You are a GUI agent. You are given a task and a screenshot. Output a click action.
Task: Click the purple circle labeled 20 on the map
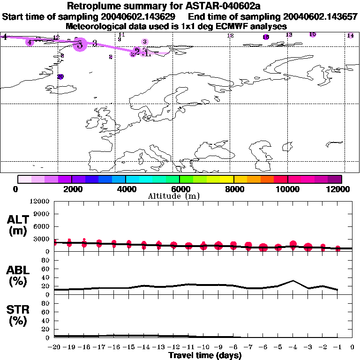[x=60, y=76]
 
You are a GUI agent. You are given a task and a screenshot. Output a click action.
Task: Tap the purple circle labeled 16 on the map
[x=266, y=37]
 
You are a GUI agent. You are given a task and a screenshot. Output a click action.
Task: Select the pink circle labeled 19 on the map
[x=313, y=34]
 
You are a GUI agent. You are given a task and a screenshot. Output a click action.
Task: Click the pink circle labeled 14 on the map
[x=350, y=36]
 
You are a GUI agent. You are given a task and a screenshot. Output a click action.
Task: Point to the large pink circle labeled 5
[x=80, y=45]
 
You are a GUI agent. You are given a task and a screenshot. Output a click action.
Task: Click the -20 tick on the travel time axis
[x=54, y=347]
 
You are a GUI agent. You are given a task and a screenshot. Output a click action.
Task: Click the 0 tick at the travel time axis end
[x=352, y=347]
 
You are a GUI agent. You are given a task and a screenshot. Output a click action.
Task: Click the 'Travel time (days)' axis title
[x=205, y=355]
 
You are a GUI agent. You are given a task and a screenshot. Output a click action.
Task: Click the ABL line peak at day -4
[x=293, y=281]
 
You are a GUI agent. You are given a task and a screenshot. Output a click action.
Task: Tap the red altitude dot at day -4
[x=293, y=244]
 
